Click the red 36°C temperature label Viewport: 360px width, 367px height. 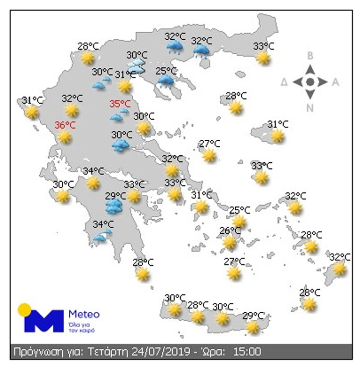[65, 125]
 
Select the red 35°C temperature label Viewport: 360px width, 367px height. [119, 104]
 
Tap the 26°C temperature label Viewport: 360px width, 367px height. [230, 231]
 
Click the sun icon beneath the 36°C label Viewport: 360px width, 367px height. [64, 137]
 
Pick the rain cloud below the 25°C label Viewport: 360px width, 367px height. [166, 82]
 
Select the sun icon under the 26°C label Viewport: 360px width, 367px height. [229, 242]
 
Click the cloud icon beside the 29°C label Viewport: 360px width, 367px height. [114, 206]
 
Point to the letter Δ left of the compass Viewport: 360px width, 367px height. [284, 83]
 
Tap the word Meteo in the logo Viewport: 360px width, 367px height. [84, 313]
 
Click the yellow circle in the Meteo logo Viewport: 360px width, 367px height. [24, 309]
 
